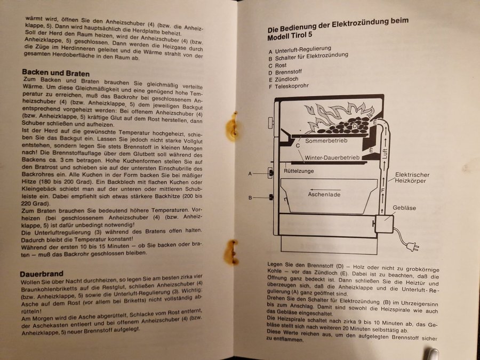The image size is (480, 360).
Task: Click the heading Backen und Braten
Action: click(x=55, y=73)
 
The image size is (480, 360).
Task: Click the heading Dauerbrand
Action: click(x=42, y=274)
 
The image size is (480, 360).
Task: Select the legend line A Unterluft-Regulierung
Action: click(x=300, y=50)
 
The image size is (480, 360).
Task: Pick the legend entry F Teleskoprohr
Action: click(x=289, y=86)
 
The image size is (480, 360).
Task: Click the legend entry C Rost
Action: click(x=278, y=66)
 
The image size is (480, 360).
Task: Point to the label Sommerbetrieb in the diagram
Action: click(x=326, y=141)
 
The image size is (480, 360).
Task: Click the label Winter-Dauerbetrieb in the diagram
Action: click(x=332, y=158)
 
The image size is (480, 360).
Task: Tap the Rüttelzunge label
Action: click(x=299, y=171)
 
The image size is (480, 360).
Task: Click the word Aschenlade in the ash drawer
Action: click(x=324, y=194)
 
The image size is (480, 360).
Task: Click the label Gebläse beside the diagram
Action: click(x=404, y=208)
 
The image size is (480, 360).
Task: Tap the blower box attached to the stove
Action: click(x=384, y=224)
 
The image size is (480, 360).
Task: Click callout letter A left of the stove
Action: click(x=250, y=173)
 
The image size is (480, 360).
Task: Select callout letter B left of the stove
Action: click(x=250, y=198)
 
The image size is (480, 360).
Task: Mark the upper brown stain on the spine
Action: click(x=231, y=126)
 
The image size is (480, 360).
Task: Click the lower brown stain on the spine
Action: click(x=231, y=253)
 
